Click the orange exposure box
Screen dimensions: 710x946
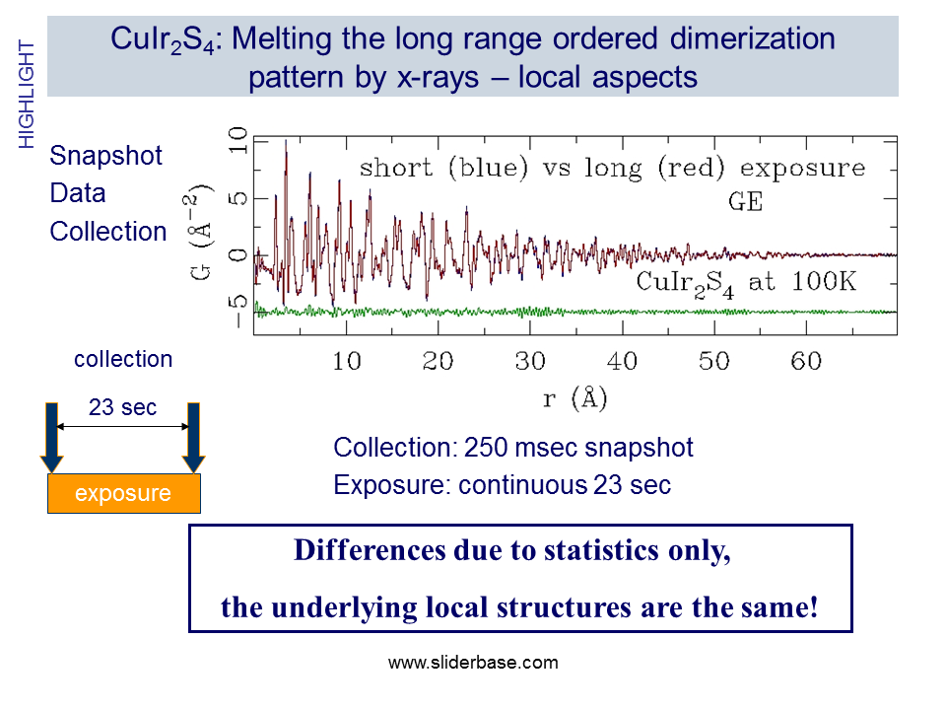123,493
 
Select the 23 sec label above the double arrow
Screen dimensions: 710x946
122,407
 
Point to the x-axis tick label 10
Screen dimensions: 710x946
347,362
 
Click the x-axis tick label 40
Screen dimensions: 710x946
623,362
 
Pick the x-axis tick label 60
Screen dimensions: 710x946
806,362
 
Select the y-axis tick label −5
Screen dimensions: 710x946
235,297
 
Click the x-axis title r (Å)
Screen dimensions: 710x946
574,400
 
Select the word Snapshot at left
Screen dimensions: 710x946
106,156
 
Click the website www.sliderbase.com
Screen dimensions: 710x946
473,663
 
